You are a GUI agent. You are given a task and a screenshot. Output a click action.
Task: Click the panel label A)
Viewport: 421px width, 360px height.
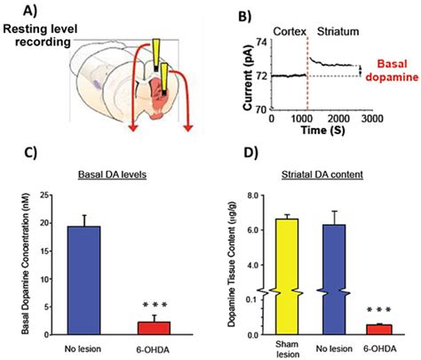tap(19, 12)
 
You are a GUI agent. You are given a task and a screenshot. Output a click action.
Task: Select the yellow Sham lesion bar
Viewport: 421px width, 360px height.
tap(275, 276)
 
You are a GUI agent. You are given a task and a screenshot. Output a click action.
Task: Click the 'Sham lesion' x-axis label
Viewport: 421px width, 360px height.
tap(275, 348)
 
